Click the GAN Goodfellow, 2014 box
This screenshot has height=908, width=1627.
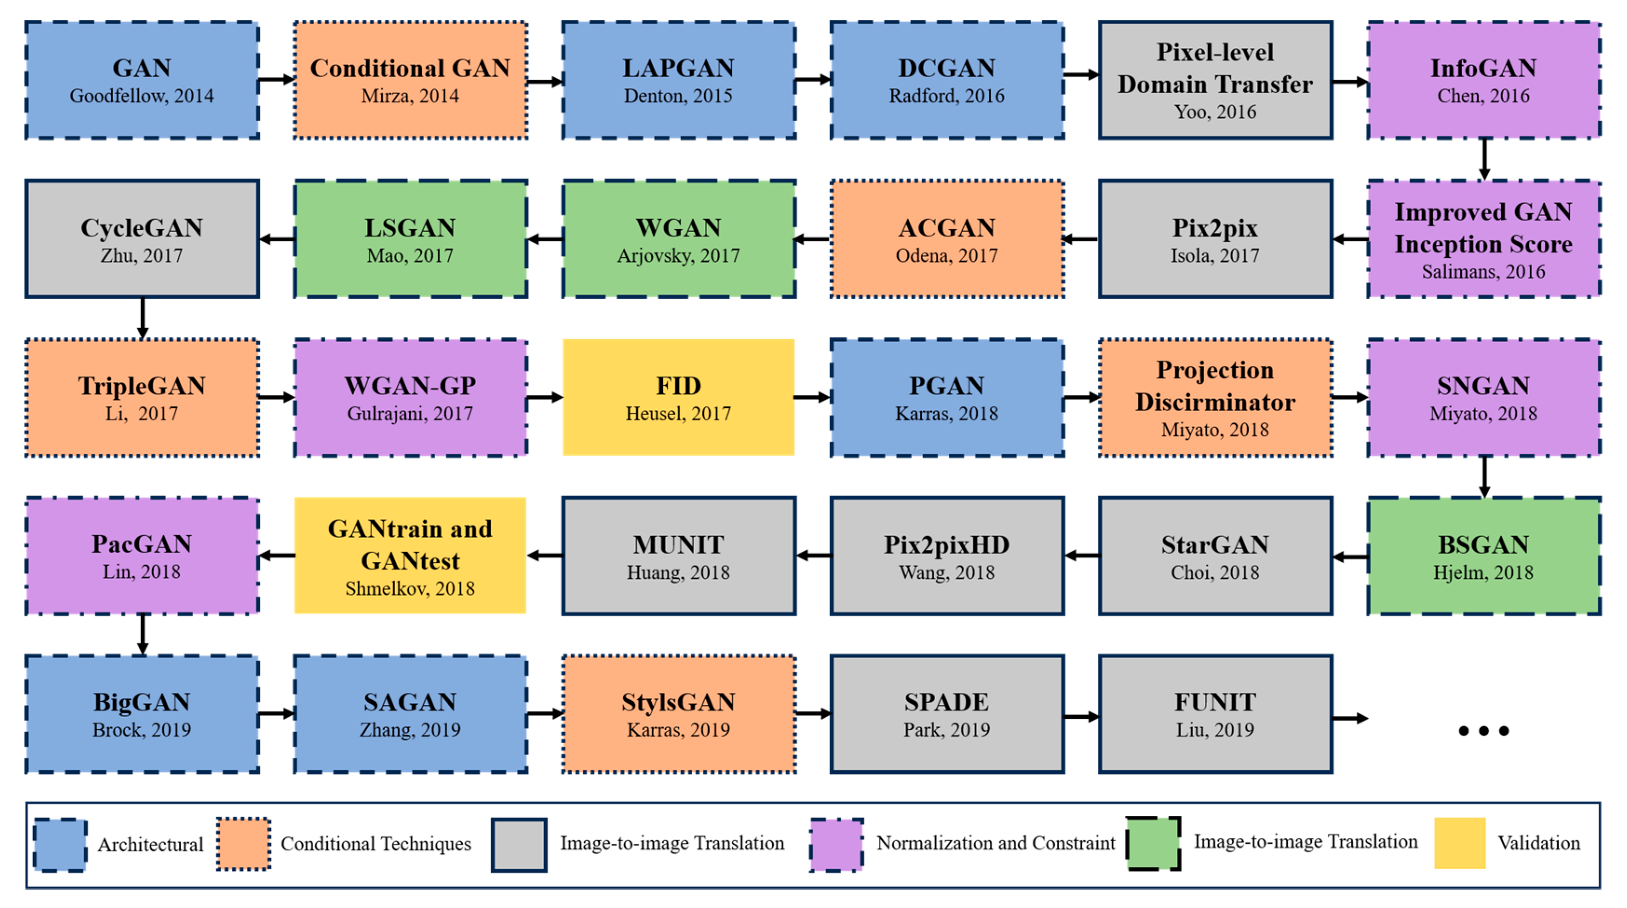click(142, 80)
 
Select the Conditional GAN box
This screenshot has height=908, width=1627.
click(410, 80)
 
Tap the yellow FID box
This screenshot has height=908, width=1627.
click(678, 397)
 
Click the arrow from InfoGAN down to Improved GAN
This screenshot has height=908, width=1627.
click(1484, 159)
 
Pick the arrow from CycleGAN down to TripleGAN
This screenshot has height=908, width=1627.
click(143, 318)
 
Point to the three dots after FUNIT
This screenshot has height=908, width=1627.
click(1483, 730)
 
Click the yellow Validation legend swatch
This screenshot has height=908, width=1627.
click(1459, 843)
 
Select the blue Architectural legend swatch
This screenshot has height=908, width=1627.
click(61, 845)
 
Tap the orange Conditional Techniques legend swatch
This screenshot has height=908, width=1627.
click(244, 844)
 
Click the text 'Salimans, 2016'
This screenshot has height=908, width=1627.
click(1483, 272)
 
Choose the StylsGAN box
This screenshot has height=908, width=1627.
click(678, 713)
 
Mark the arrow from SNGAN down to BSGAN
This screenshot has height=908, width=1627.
click(1484, 477)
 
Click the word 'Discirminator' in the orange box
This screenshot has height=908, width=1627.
click(1215, 402)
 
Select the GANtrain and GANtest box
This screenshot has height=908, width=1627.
click(410, 555)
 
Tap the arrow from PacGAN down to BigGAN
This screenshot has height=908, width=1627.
click(143, 634)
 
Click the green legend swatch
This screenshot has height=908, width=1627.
click(1153, 843)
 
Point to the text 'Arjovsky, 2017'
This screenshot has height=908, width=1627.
click(678, 256)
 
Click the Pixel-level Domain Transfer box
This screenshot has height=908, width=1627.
click(1215, 80)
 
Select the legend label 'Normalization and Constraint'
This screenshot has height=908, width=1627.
click(995, 843)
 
